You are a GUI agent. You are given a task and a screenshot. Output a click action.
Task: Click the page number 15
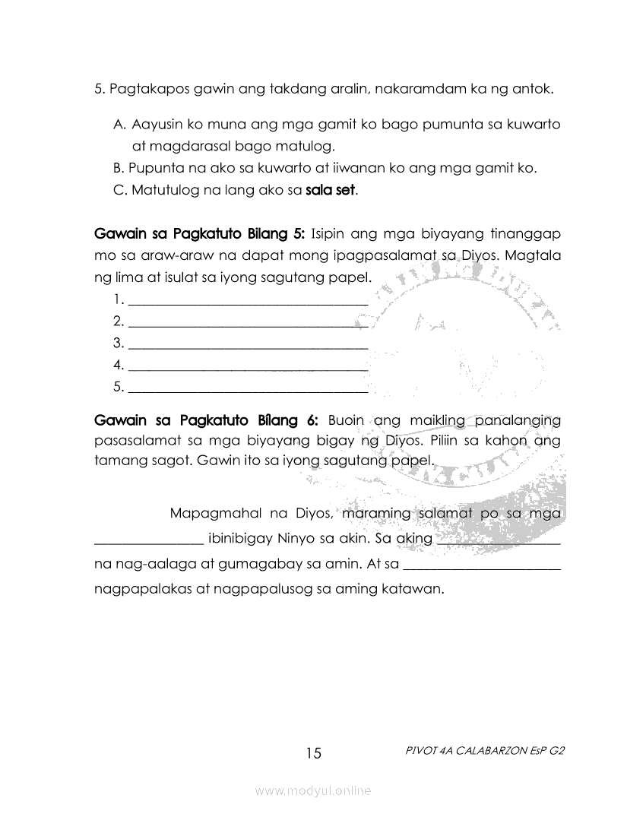(x=314, y=753)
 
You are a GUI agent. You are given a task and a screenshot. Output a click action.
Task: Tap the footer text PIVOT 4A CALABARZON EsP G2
(x=486, y=750)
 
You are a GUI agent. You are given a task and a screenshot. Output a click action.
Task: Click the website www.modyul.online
(x=313, y=791)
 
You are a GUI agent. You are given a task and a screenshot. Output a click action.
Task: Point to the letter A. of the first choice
(x=119, y=124)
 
